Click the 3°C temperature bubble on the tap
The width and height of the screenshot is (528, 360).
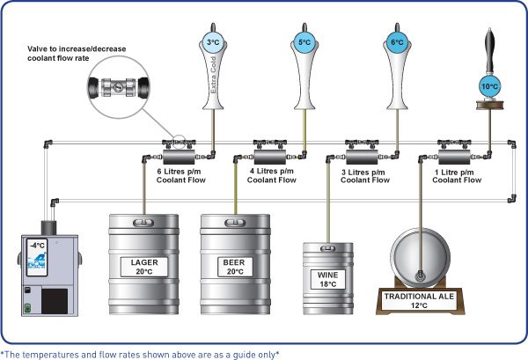[213, 41]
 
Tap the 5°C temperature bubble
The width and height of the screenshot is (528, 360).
[304, 41]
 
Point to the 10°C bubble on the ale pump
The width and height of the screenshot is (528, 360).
[489, 86]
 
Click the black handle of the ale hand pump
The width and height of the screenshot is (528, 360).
[489, 45]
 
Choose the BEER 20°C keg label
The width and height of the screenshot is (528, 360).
[235, 267]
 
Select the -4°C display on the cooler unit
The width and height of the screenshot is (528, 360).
[37, 246]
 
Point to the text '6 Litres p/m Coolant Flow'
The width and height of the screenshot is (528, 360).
[180, 175]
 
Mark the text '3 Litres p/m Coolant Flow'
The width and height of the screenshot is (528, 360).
[364, 175]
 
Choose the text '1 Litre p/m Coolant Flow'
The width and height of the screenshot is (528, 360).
[456, 175]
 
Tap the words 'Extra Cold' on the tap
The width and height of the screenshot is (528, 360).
[212, 76]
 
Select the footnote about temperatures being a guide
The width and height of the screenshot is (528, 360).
[141, 352]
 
